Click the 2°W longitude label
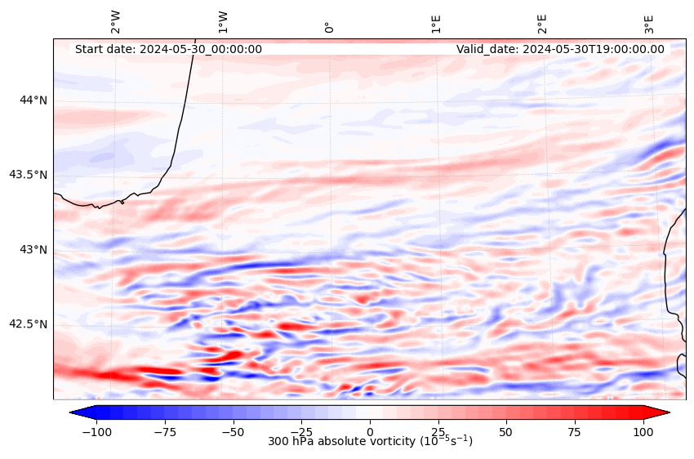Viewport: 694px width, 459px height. (115, 22)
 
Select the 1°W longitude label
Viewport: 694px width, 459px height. (222, 22)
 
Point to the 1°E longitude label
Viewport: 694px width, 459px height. (436, 23)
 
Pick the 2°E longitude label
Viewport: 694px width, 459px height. (542, 23)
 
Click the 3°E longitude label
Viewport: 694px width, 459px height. (649, 23)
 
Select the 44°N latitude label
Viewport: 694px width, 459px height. (33, 100)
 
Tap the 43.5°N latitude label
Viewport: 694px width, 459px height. (29, 175)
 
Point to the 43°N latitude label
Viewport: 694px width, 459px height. (33, 249)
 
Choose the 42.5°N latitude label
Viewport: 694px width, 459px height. (29, 324)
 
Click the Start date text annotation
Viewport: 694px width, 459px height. (168, 49)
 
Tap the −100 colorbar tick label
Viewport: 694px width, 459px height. (96, 430)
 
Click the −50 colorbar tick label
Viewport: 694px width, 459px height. (233, 430)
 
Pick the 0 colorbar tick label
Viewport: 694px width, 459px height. (370, 430)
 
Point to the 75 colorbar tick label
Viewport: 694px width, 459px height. (575, 430)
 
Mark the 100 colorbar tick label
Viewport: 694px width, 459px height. (643, 430)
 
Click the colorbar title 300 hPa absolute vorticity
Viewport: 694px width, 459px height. (370, 442)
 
